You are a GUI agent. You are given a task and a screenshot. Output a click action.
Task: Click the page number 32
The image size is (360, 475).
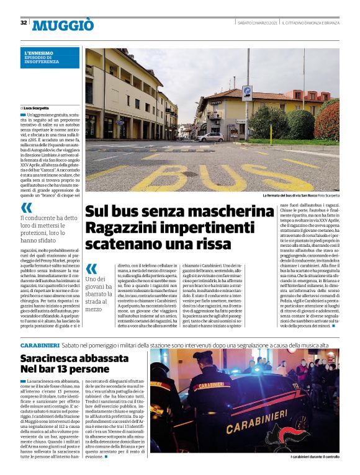point(24,22)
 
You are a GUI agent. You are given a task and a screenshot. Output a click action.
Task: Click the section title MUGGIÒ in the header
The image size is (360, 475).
point(63,25)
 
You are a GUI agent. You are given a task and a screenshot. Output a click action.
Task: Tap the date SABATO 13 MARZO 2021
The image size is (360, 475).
point(258,23)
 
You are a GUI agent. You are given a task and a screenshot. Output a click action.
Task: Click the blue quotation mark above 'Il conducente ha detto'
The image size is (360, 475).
point(26,208)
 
